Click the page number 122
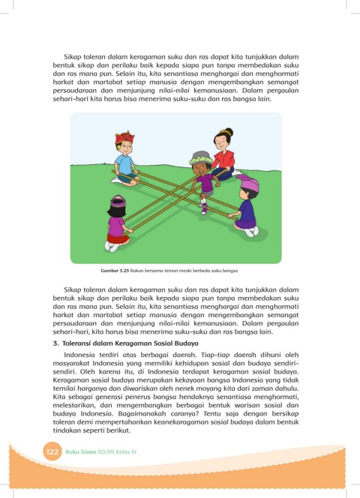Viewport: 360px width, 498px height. pos(52,451)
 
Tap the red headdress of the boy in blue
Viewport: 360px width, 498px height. pos(124,137)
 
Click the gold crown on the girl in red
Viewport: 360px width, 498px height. pos(224,132)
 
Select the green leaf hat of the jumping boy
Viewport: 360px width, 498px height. pos(201,157)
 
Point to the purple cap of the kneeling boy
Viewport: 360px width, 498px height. pos(248,183)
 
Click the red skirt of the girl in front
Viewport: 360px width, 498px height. pos(118,238)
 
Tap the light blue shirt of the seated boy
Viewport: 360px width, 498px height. pos(124,164)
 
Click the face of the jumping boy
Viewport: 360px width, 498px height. pos(202,169)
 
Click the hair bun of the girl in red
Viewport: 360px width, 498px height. pos(229,131)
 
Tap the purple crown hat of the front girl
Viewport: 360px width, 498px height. pos(118,201)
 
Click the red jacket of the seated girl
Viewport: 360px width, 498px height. pos(224,160)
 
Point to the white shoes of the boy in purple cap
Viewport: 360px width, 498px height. pos(252,232)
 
